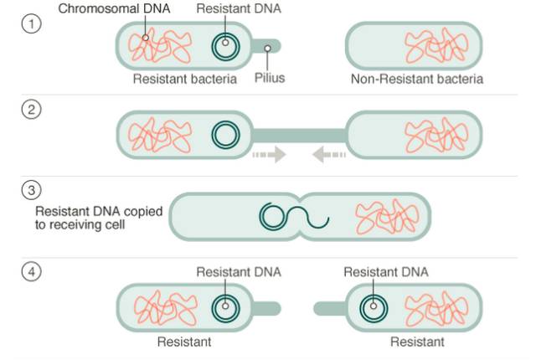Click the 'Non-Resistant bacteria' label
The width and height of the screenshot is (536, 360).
click(417, 80)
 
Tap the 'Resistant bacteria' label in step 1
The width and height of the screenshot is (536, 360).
click(185, 80)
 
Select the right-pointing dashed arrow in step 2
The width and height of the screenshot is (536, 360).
click(267, 155)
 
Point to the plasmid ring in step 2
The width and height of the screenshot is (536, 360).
click(224, 133)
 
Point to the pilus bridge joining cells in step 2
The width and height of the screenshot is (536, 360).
click(299, 134)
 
